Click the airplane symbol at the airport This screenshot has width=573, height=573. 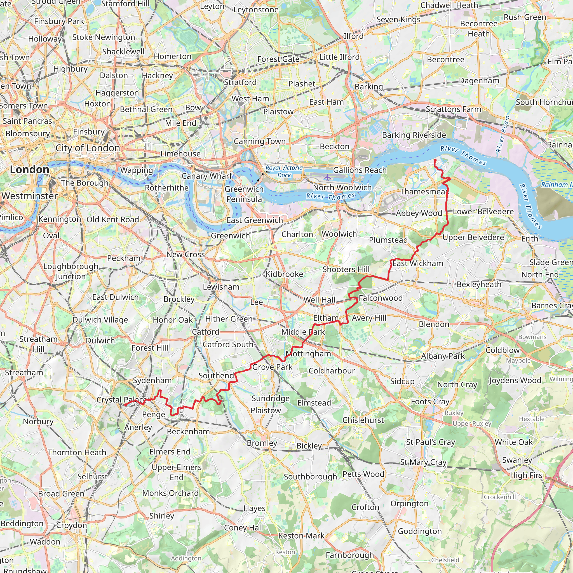(327, 178)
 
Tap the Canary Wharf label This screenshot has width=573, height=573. (207, 176)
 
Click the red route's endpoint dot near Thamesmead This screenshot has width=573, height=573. (435, 160)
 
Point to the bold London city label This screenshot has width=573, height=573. (29, 170)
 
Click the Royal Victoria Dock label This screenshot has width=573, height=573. (284, 172)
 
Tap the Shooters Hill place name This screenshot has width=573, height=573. (346, 269)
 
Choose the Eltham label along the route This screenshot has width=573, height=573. (326, 318)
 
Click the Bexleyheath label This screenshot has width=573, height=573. (479, 284)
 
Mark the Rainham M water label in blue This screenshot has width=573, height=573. (556, 184)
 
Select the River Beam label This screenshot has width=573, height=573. (503, 134)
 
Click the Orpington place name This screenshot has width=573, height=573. (409, 504)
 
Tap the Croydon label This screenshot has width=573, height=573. (71, 525)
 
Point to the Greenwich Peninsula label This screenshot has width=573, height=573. (244, 194)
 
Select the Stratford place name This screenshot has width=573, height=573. (240, 82)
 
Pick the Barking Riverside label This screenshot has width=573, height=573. (414, 135)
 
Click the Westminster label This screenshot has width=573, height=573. (29, 196)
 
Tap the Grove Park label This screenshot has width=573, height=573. (272, 367)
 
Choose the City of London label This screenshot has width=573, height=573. (88, 148)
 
